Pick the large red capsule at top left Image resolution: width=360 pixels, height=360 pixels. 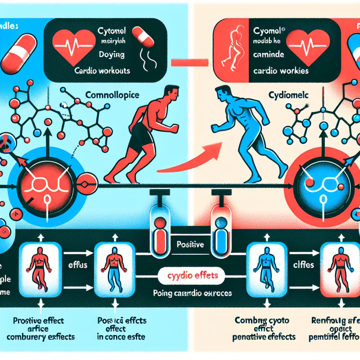click(x=20, y=52)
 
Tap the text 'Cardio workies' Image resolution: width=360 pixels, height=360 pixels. click(x=281, y=71)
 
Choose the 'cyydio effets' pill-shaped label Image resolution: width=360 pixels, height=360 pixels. click(x=191, y=276)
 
